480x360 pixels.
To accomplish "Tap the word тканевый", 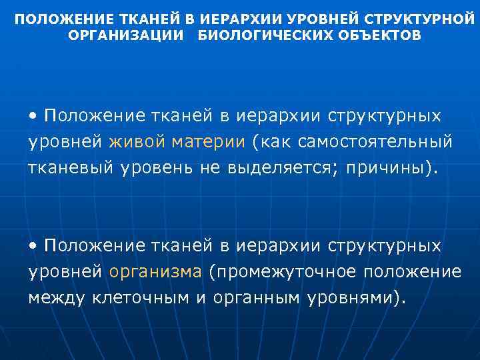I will pos(71,167).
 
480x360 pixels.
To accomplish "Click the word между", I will pos(56,298).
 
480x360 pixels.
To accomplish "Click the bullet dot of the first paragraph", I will pos(33,116).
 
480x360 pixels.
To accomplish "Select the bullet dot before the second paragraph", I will pos(33,247).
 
